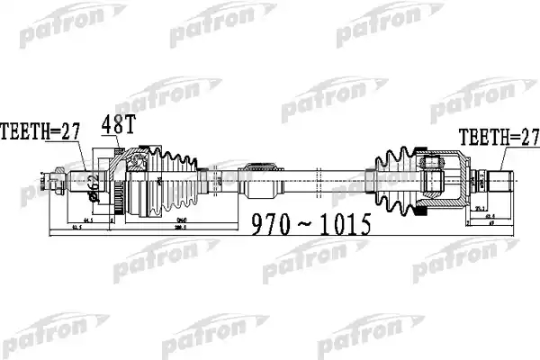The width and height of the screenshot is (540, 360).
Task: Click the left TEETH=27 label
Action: point(40,131)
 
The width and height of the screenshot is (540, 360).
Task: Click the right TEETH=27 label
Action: point(498,138)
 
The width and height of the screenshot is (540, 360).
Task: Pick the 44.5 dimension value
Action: point(87,220)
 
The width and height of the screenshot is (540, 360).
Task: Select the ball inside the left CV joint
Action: point(137,162)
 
